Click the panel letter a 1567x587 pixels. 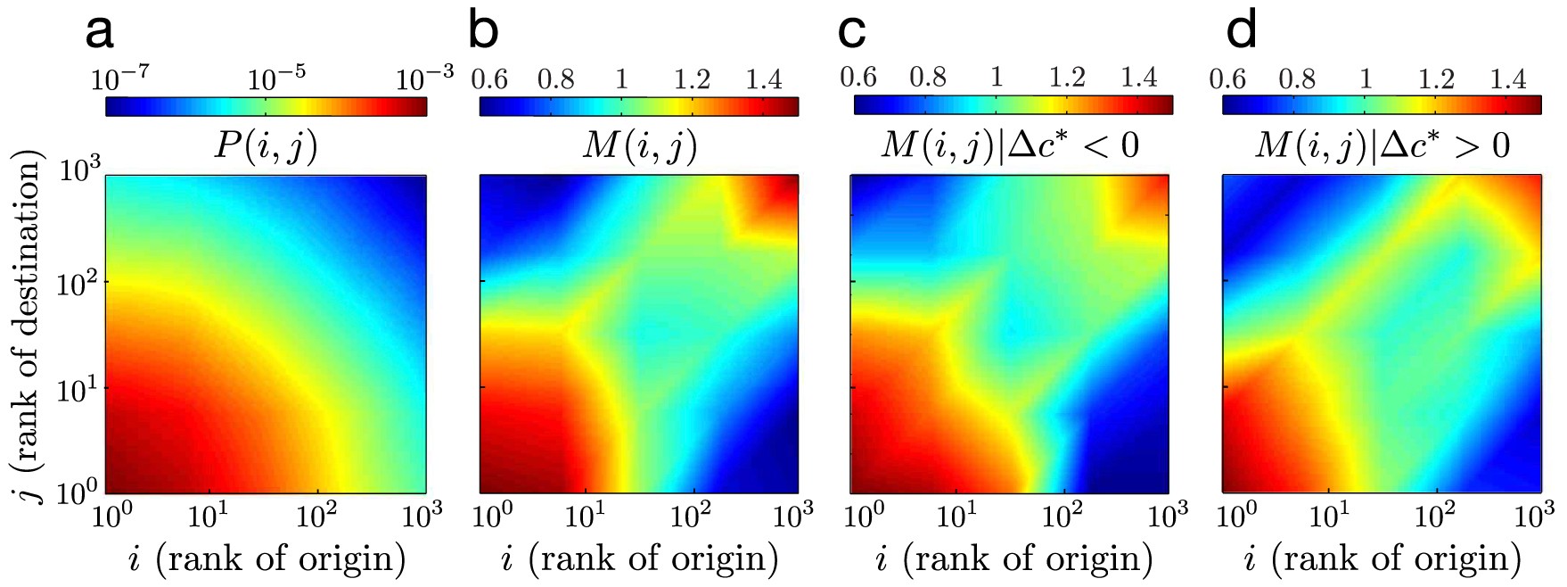pos(100,33)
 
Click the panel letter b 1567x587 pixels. pos(483,31)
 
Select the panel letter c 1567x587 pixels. pos(853,33)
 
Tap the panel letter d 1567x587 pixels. pos(1242,31)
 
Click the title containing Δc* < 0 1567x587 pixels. pos(1010,145)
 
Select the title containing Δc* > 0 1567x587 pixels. pos(1382,145)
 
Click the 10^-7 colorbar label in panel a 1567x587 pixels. pos(120,80)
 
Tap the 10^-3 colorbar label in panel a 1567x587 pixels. pos(424,79)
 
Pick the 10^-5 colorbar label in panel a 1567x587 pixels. pos(275,80)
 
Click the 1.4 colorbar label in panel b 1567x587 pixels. pos(764,80)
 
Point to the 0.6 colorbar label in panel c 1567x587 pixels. pos(858,78)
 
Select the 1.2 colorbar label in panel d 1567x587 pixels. pos(1435,79)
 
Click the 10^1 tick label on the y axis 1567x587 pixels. pos(78,389)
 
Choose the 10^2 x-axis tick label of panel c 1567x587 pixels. pos(1062,516)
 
